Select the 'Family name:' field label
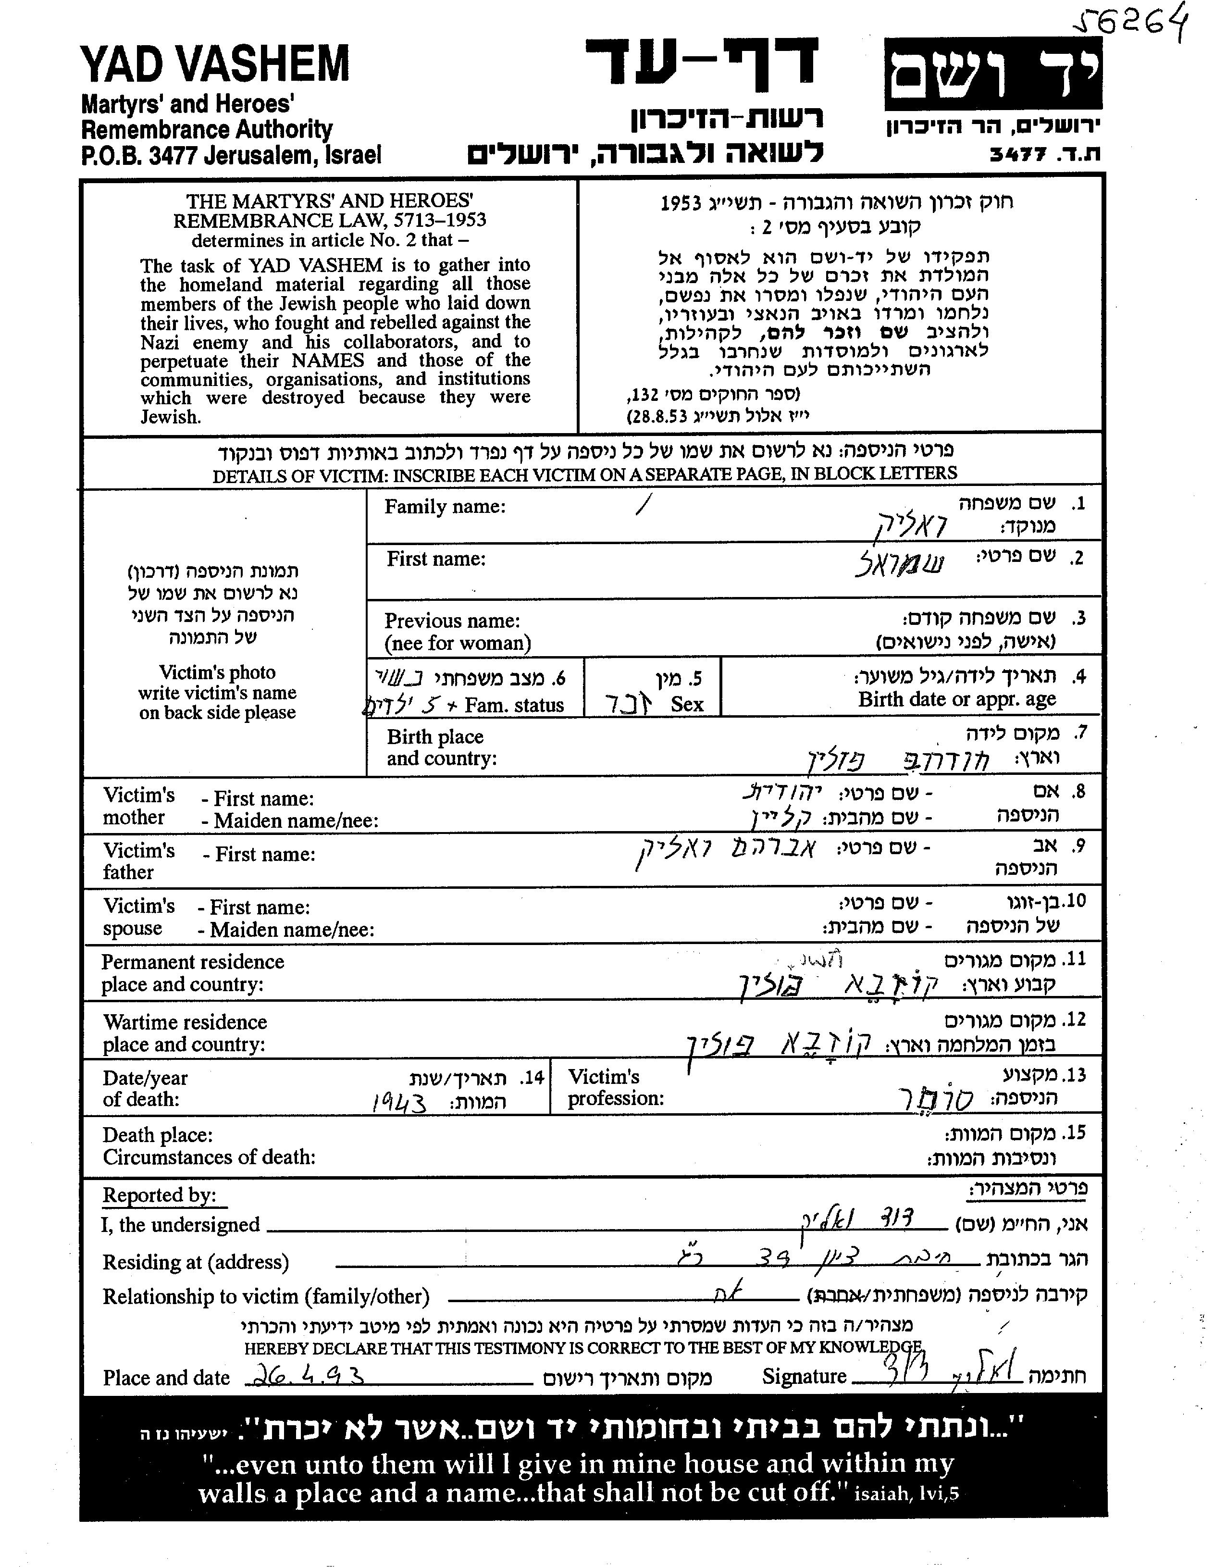[x=445, y=507]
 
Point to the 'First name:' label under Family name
[x=436, y=559]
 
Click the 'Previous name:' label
[x=452, y=621]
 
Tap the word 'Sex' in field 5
[x=687, y=705]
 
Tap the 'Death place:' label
[x=158, y=1135]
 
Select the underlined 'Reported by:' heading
[x=159, y=1194]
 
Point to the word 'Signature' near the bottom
[x=804, y=1376]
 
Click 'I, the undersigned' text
[x=180, y=1225]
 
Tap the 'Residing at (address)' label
[x=195, y=1262]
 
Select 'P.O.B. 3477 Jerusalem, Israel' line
[x=231, y=155]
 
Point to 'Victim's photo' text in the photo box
[x=217, y=672]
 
